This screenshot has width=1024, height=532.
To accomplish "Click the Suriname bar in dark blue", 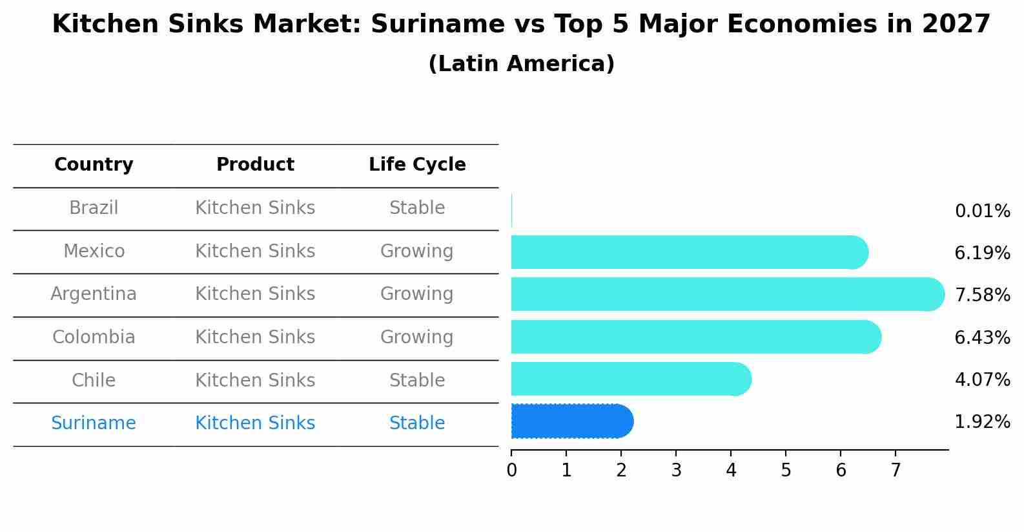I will (571, 421).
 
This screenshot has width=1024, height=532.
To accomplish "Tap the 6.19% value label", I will (982, 253).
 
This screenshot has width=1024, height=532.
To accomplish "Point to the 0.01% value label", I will (982, 211).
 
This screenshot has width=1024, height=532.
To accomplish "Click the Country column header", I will (94, 165).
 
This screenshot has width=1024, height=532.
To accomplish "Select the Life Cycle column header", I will (417, 165).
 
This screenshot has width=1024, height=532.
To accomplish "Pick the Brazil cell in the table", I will (94, 208).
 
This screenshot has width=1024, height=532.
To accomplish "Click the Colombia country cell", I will (94, 337).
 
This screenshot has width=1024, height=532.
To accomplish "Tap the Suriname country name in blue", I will (94, 423).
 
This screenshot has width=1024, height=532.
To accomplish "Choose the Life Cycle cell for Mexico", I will (417, 251).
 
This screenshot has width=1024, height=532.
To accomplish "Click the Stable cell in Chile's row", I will (417, 381).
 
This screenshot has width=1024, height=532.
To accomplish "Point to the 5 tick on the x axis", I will (786, 471).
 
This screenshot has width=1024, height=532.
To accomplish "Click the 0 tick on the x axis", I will (511, 471).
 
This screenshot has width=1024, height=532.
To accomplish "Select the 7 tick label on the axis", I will (896, 471).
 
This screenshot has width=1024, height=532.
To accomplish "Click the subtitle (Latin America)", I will (521, 64).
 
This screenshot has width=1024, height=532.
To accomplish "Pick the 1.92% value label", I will (982, 422).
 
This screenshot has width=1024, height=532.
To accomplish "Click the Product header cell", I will (255, 165).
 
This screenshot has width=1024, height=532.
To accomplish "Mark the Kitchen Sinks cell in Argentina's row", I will (255, 294).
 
